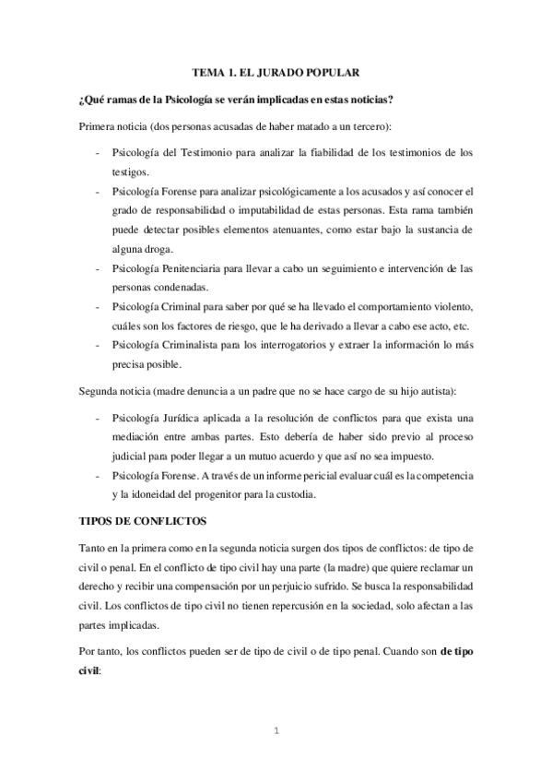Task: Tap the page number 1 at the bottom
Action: point(276,734)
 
